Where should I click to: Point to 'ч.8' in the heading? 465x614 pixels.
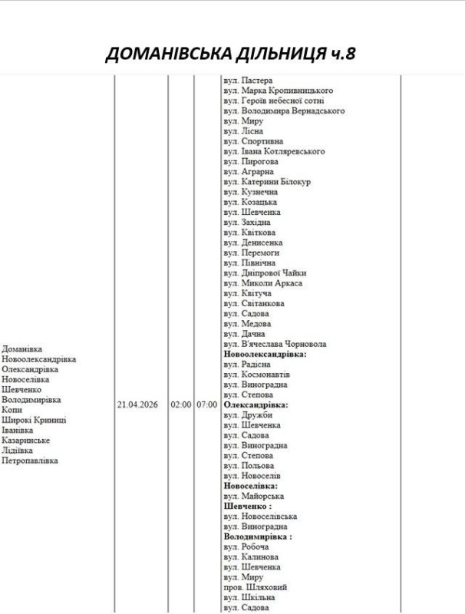pos(341,54)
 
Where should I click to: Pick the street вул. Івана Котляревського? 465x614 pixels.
pos(274,151)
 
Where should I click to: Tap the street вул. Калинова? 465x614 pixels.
pos(251,556)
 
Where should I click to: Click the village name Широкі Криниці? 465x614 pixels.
pos(34,420)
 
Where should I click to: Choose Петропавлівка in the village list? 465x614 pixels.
pos(30,460)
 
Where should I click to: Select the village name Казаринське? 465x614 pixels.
pos(26,441)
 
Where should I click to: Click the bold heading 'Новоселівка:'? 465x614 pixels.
pos(251,486)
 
